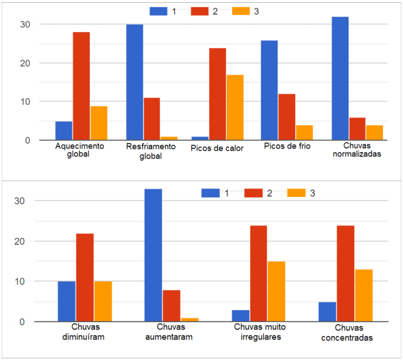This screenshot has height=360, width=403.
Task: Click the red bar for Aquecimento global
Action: (81, 86)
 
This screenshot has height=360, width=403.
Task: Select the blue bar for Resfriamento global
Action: (134, 82)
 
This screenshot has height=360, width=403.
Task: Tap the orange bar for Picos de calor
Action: (235, 107)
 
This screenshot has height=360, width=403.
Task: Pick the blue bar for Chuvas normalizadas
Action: (340, 79)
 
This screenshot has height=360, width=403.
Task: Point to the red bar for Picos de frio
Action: (287, 117)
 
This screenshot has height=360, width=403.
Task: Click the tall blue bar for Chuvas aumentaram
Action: (153, 255)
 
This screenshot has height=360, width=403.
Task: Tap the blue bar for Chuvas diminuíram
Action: (66, 301)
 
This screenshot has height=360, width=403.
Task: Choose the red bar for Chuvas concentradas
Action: (345, 274)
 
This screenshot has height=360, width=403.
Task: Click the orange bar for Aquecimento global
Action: (99, 123)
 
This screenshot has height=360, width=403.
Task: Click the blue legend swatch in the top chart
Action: (158, 11)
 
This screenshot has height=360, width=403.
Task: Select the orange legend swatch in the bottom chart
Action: (296, 193)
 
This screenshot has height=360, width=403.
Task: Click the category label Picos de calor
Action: (217, 149)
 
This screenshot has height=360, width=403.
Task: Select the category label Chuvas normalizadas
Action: (356, 150)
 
